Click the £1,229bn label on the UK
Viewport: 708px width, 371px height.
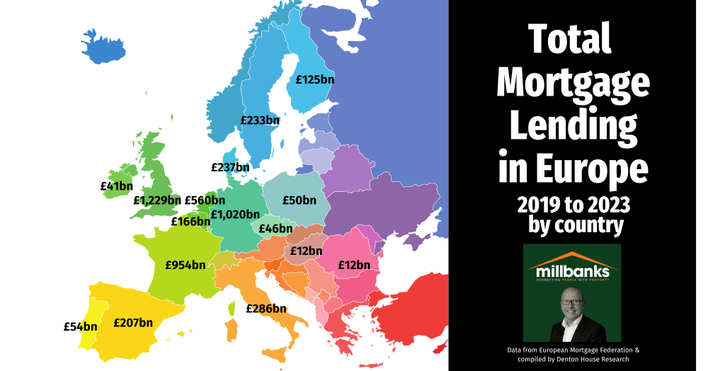tap(157, 200)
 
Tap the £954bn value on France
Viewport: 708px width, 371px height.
tap(185, 266)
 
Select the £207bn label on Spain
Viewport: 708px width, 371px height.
tap(133, 322)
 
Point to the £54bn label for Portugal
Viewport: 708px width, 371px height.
tap(80, 326)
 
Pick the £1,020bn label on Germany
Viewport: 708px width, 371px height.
tap(235, 214)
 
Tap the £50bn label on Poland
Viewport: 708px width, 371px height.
tap(299, 200)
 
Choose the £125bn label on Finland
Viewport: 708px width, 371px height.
tap(315, 79)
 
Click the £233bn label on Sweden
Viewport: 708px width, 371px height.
tap(260, 120)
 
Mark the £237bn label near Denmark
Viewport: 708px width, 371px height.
tap(230, 168)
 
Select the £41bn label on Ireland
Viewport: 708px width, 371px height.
tap(116, 186)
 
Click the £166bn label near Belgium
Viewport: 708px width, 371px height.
tap(190, 222)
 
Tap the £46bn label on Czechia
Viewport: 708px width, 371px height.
tap(275, 229)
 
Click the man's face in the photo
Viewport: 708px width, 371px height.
tap(572, 305)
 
